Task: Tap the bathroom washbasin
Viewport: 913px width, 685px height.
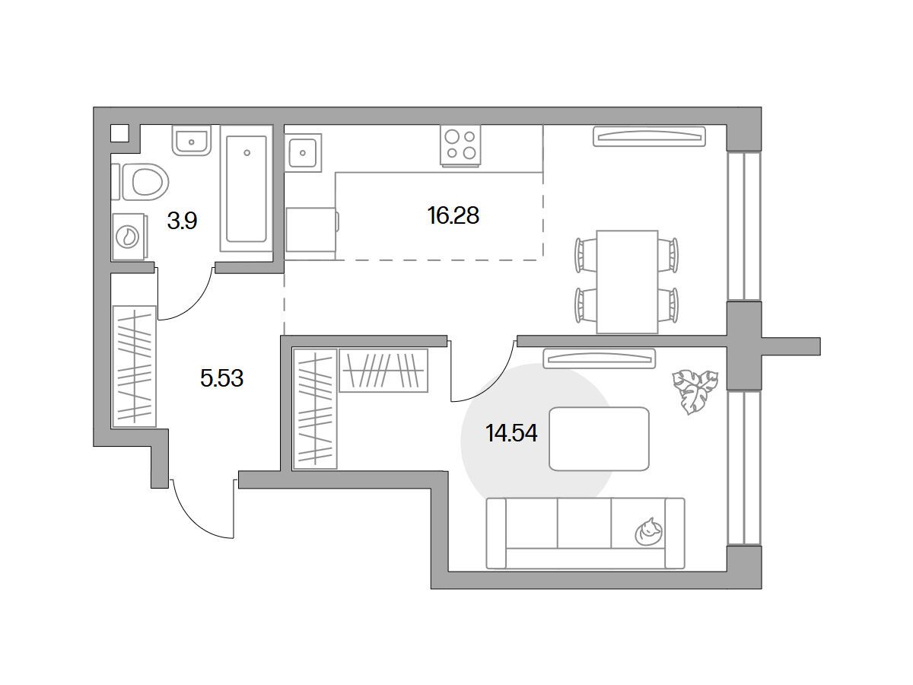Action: click(191, 140)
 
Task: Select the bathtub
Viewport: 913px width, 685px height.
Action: click(247, 189)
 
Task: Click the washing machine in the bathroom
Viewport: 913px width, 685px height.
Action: click(130, 237)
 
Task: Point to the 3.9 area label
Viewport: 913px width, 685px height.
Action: click(182, 221)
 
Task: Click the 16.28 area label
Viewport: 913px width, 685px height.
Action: click(453, 215)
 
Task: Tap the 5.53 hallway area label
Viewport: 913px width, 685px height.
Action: click(221, 378)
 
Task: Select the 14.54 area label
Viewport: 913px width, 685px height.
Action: click(511, 433)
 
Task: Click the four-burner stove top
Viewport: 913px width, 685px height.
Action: click(460, 145)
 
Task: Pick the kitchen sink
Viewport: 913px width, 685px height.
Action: click(303, 153)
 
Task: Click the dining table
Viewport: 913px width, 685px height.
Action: click(627, 282)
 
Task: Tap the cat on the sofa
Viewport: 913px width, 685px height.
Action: click(648, 532)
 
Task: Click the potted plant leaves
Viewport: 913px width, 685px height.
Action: click(695, 391)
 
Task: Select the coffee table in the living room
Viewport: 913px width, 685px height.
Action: click(599, 439)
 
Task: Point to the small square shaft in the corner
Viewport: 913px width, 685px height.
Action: click(119, 133)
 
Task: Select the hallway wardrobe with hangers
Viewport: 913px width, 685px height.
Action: click(135, 366)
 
